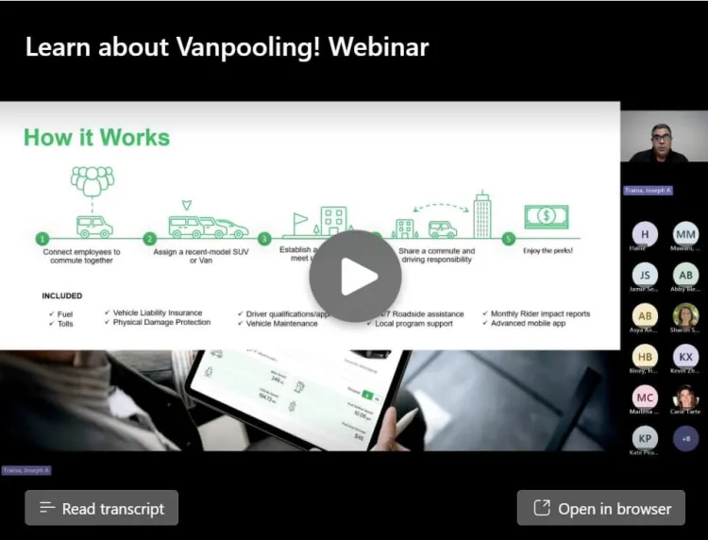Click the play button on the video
(x=355, y=276)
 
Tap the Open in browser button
(x=600, y=508)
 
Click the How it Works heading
(x=96, y=138)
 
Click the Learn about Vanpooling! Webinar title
(x=227, y=47)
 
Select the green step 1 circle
(x=42, y=239)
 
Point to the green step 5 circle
(x=509, y=239)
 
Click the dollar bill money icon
(x=547, y=216)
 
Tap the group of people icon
(x=93, y=179)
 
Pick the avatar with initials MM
(x=686, y=233)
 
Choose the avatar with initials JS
(x=645, y=275)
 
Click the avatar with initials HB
(x=645, y=356)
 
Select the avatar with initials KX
(x=686, y=356)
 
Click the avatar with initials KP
(x=645, y=438)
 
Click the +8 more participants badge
(x=686, y=438)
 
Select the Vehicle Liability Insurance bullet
(x=157, y=312)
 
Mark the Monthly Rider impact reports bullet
(x=540, y=312)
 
